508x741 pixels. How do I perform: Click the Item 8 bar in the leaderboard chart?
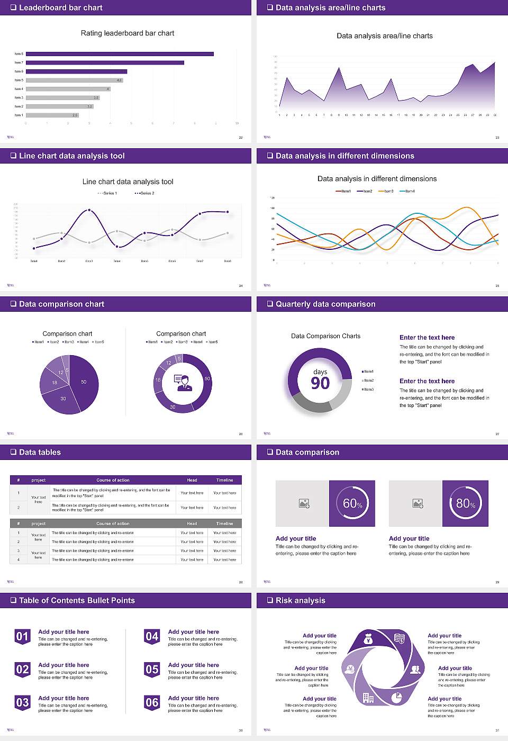[120, 54]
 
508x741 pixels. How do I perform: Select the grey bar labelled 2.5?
[52, 115]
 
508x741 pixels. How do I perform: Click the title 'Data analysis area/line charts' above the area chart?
[384, 36]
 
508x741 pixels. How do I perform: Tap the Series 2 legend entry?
[145, 193]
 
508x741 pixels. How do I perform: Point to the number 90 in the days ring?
[320, 383]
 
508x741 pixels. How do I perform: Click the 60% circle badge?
[352, 503]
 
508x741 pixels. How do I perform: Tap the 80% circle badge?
[466, 503]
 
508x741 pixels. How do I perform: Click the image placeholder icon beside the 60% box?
[304, 503]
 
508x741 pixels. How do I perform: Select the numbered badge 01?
[22, 636]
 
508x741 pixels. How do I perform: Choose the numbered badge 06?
[152, 702]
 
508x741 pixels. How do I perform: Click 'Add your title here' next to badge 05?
[193, 665]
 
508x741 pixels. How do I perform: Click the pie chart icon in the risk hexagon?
[396, 698]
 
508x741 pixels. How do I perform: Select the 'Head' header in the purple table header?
[192, 480]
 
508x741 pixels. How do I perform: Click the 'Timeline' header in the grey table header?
[224, 523]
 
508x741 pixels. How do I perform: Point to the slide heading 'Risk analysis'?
[300, 601]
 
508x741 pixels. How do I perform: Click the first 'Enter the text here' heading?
[427, 338]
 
